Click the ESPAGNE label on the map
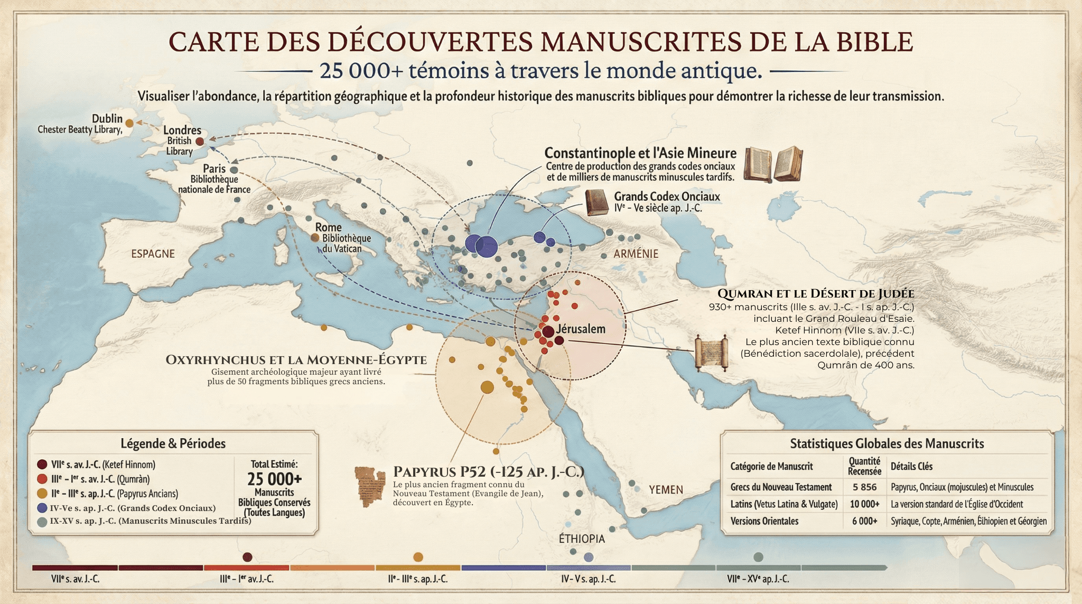[x=153, y=254]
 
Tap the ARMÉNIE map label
[x=636, y=254]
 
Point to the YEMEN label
[x=666, y=490]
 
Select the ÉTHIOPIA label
[x=582, y=538]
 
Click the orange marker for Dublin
[x=129, y=123]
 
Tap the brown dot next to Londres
[x=200, y=142]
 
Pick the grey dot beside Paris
[x=234, y=170]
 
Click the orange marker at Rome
[x=315, y=238]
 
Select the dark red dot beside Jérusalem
[x=548, y=332]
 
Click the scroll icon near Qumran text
[x=711, y=352]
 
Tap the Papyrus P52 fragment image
[x=370, y=486]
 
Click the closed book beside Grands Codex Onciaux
[x=596, y=203]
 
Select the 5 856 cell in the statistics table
[x=864, y=487]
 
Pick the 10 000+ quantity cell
[x=864, y=504]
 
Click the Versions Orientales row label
[x=764, y=521]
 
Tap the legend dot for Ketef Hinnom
[x=42, y=464]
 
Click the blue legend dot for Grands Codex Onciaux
[x=42, y=508]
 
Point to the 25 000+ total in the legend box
[x=274, y=479]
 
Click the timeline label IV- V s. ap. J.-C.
[x=588, y=579]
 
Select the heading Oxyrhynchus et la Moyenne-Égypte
[x=296, y=360]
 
